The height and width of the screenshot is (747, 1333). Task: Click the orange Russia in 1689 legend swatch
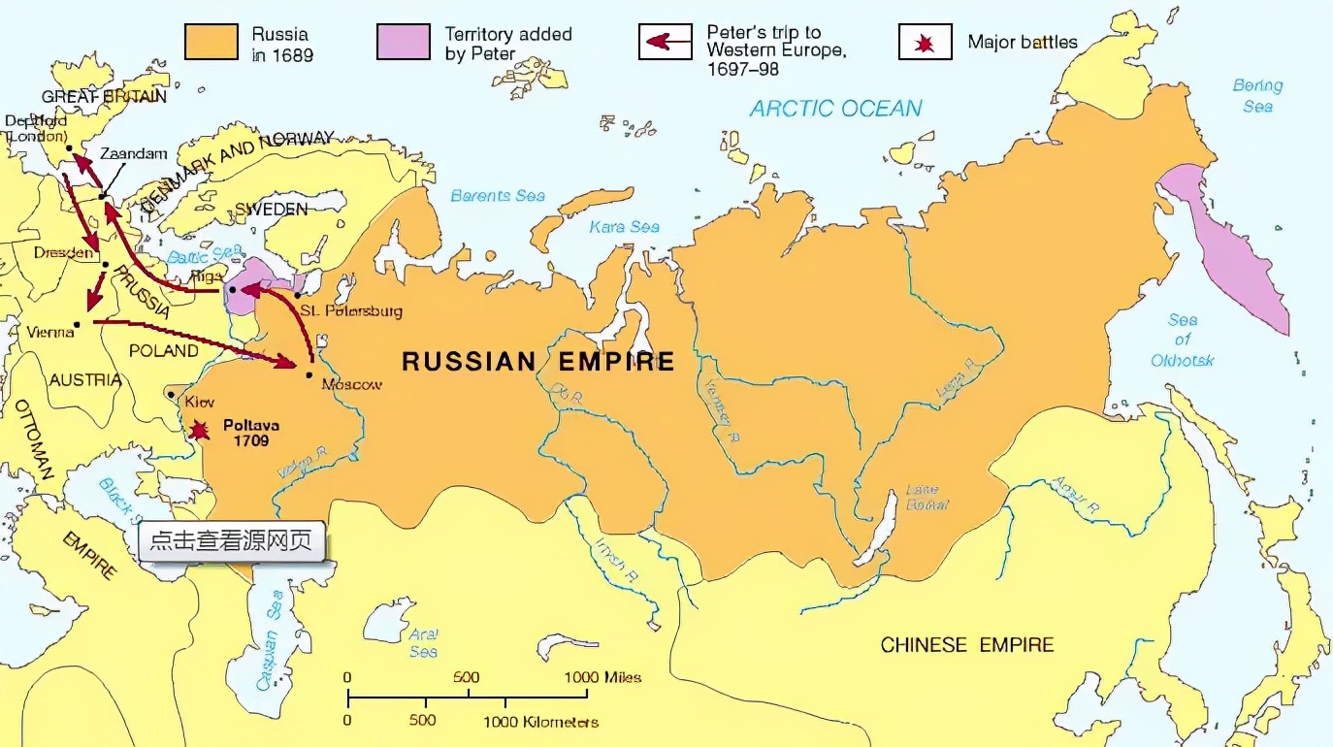point(211,43)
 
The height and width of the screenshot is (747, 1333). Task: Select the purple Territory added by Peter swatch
point(403,43)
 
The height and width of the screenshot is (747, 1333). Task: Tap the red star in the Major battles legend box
point(925,43)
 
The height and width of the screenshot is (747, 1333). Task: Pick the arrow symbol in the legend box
point(665,43)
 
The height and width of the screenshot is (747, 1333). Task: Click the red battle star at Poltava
point(199,429)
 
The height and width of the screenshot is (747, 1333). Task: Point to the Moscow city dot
point(309,373)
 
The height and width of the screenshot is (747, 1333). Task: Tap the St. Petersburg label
point(350,311)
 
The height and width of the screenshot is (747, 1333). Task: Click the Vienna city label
point(50,332)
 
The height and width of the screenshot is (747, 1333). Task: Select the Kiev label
point(199,401)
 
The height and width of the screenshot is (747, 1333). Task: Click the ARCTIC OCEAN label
point(835,108)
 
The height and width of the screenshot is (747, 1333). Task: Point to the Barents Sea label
point(498,196)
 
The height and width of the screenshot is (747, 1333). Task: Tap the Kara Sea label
point(624,227)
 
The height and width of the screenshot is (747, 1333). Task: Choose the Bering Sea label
point(1257,96)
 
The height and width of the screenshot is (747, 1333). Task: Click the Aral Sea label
point(423,642)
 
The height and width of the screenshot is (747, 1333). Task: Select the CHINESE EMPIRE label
point(966,645)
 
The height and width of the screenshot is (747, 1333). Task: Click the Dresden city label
point(63,252)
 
